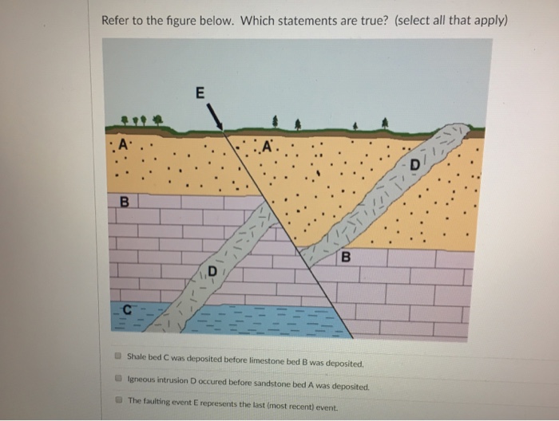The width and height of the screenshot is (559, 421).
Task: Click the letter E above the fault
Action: [200, 92]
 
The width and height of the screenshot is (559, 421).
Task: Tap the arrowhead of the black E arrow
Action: [221, 127]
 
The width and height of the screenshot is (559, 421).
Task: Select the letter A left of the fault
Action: [122, 144]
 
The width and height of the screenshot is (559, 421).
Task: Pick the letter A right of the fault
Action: [267, 145]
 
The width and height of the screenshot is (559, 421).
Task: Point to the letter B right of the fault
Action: [345, 256]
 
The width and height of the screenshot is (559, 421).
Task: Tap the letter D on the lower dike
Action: [213, 272]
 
